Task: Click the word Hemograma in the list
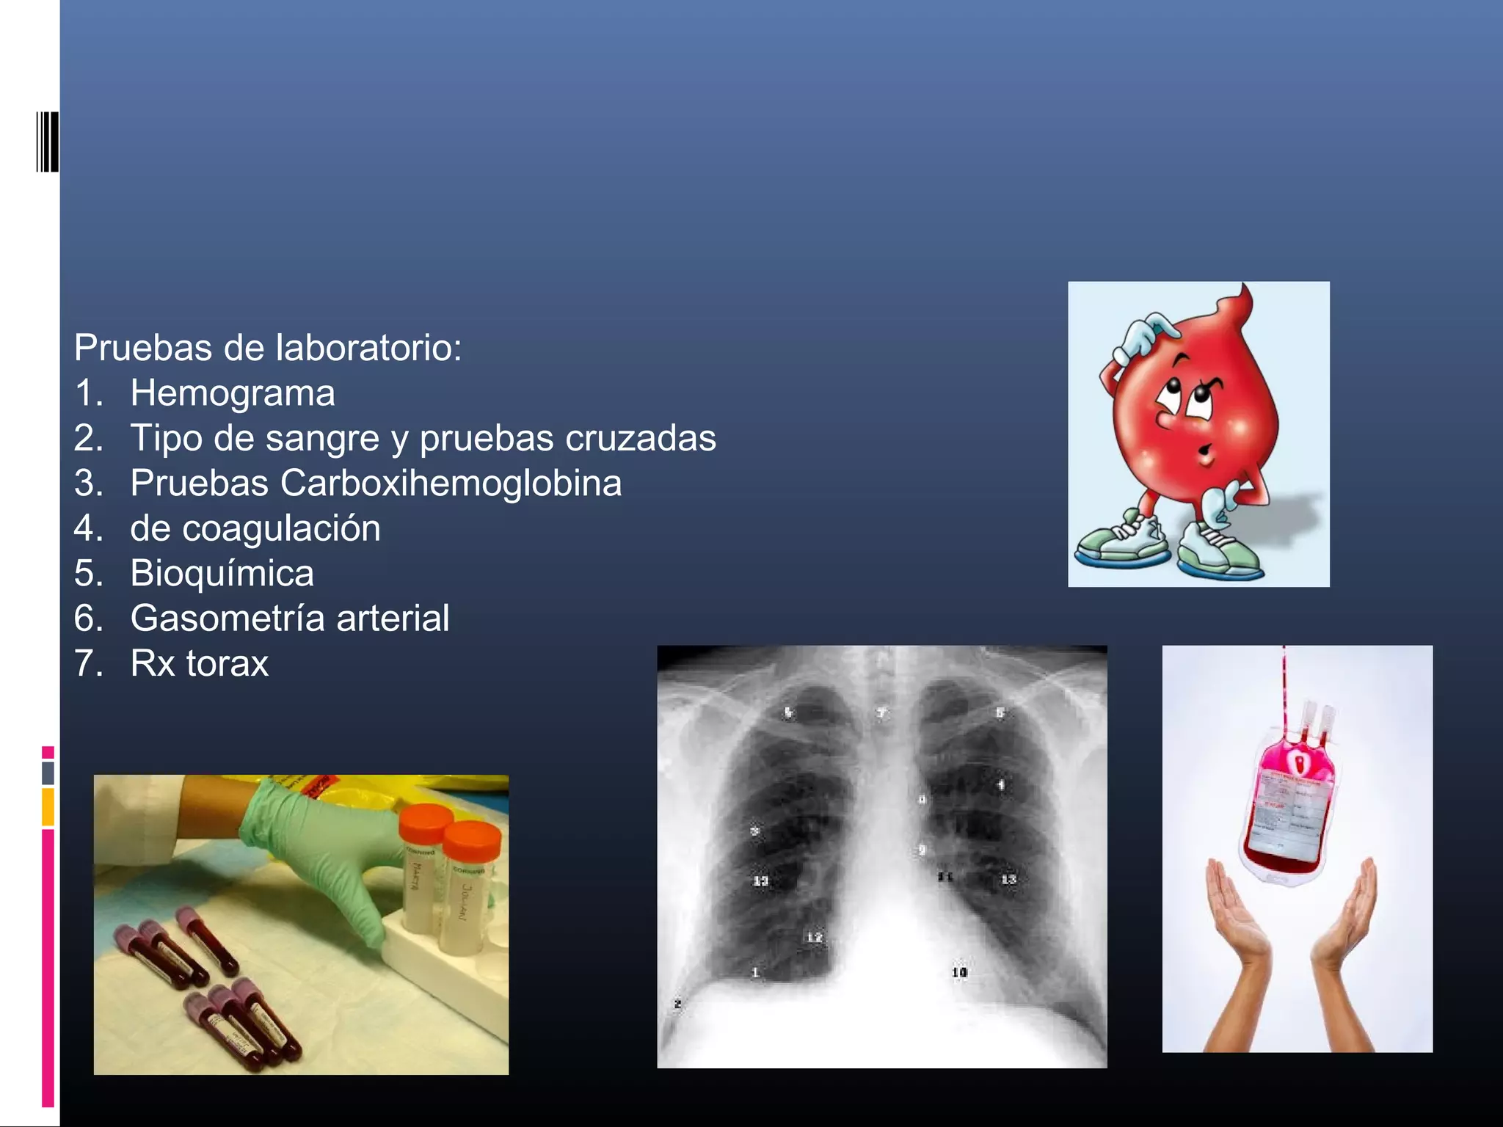tap(232, 393)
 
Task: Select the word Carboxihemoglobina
tap(450, 484)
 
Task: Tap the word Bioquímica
tap(222, 573)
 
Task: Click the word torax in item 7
tap(228, 663)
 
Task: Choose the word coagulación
tap(281, 529)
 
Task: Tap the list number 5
tap(87, 573)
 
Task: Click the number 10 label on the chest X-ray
tap(959, 972)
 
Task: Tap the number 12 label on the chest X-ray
tap(814, 937)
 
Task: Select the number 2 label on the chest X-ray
tap(677, 1003)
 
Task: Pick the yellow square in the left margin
tap(48, 806)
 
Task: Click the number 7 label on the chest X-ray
tap(881, 712)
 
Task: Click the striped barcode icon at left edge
tap(47, 142)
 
